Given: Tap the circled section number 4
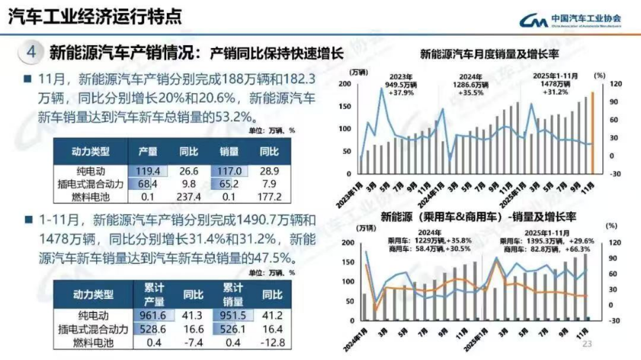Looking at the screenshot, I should (x=31, y=53).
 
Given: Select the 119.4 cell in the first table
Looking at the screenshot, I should (x=147, y=171).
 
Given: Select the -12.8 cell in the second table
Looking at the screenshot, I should (x=272, y=342).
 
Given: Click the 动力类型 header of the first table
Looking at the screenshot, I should (x=91, y=151).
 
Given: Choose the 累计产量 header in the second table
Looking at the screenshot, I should (x=154, y=295).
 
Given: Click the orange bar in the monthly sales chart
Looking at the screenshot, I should (x=593, y=133).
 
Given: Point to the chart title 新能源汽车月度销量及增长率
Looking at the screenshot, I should (x=489, y=53).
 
